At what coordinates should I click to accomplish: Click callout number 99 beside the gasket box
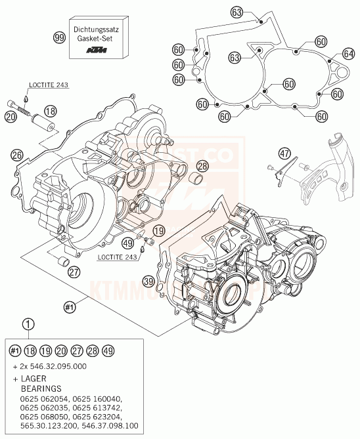(x=60, y=38)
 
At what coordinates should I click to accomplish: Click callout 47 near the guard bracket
(x=284, y=154)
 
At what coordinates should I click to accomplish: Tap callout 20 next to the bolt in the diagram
(x=9, y=116)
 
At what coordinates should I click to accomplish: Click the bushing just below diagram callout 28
(x=195, y=180)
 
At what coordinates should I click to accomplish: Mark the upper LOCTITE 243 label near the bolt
(x=49, y=85)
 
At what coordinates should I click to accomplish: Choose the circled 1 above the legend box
(x=26, y=323)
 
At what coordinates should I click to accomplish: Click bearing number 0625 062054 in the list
(x=41, y=398)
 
